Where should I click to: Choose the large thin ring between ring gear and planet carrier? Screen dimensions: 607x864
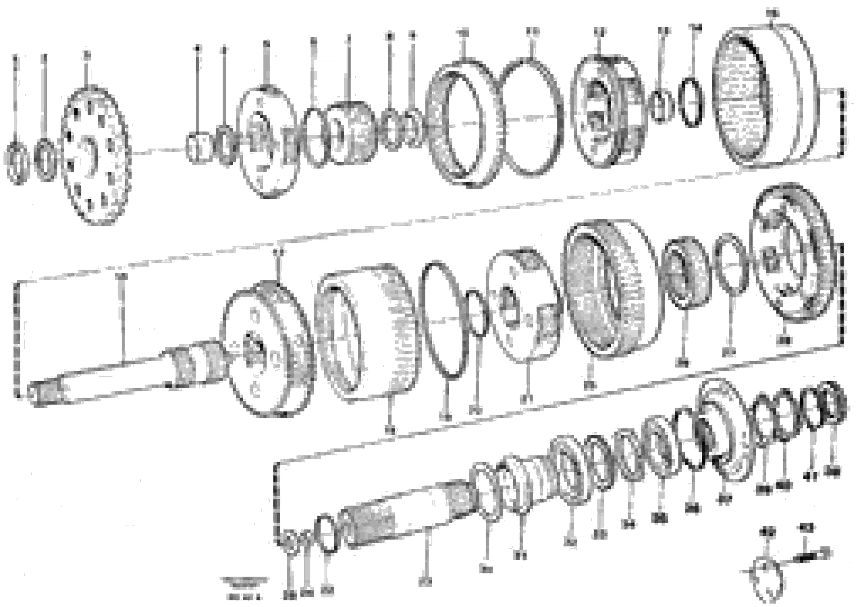531,117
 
